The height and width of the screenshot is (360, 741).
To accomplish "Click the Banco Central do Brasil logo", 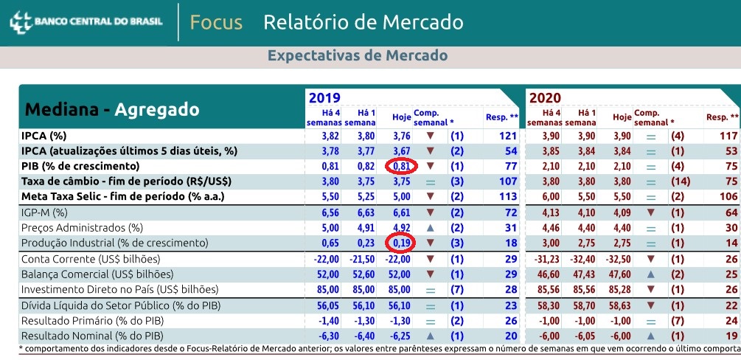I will click(86, 21).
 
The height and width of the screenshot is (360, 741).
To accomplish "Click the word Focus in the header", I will click(216, 22).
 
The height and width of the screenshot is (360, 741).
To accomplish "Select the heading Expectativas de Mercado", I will click(357, 56).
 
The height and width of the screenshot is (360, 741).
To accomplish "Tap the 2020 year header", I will click(545, 97).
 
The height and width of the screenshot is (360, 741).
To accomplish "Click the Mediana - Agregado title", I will click(112, 110).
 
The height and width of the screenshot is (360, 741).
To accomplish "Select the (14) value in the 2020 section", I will click(681, 181).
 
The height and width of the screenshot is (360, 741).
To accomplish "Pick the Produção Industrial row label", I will click(114, 243).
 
